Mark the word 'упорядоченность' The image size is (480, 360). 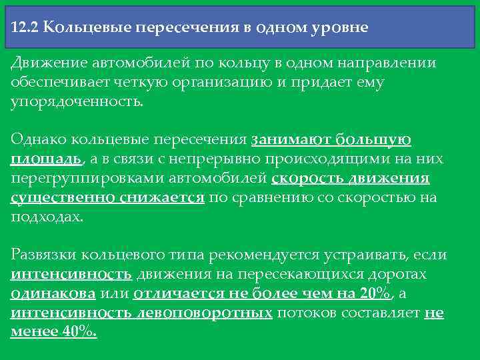point(77,103)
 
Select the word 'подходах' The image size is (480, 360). point(47,217)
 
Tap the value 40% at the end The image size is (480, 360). point(79,333)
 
